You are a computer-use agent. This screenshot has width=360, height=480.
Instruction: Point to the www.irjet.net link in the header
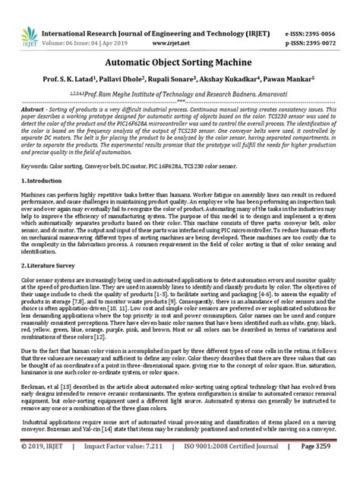point(179,24)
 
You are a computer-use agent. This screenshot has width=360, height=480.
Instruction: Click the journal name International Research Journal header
point(152,13)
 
